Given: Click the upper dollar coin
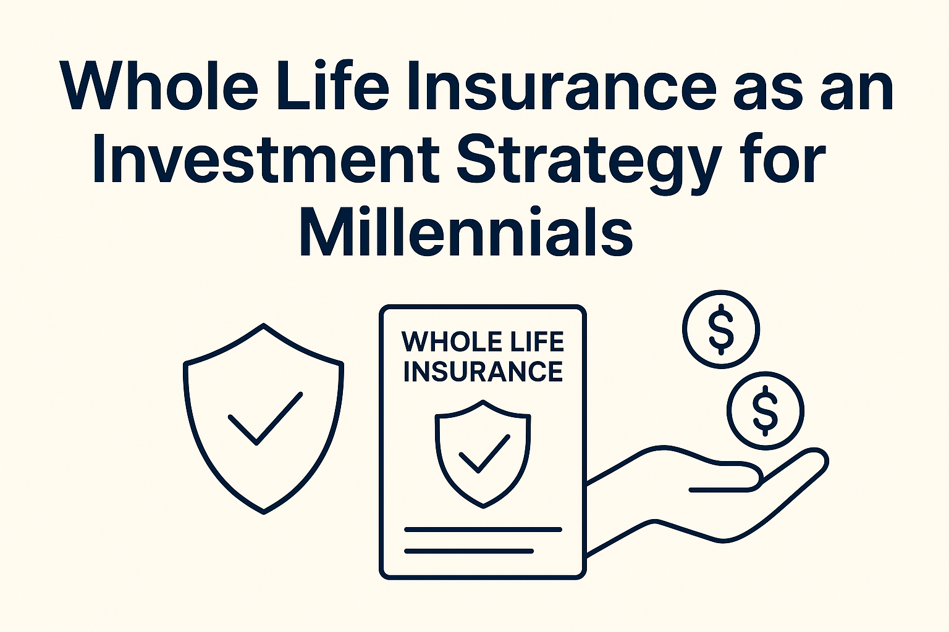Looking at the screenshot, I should click(x=721, y=329).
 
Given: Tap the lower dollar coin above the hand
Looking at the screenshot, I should click(x=766, y=410).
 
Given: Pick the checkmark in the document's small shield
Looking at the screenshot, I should click(x=483, y=454).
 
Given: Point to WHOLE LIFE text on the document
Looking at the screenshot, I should click(x=483, y=341).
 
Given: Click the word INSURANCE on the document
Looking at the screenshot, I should click(x=483, y=372).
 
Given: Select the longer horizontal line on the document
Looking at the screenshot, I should click(x=483, y=529).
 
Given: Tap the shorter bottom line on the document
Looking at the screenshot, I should click(x=468, y=551).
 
